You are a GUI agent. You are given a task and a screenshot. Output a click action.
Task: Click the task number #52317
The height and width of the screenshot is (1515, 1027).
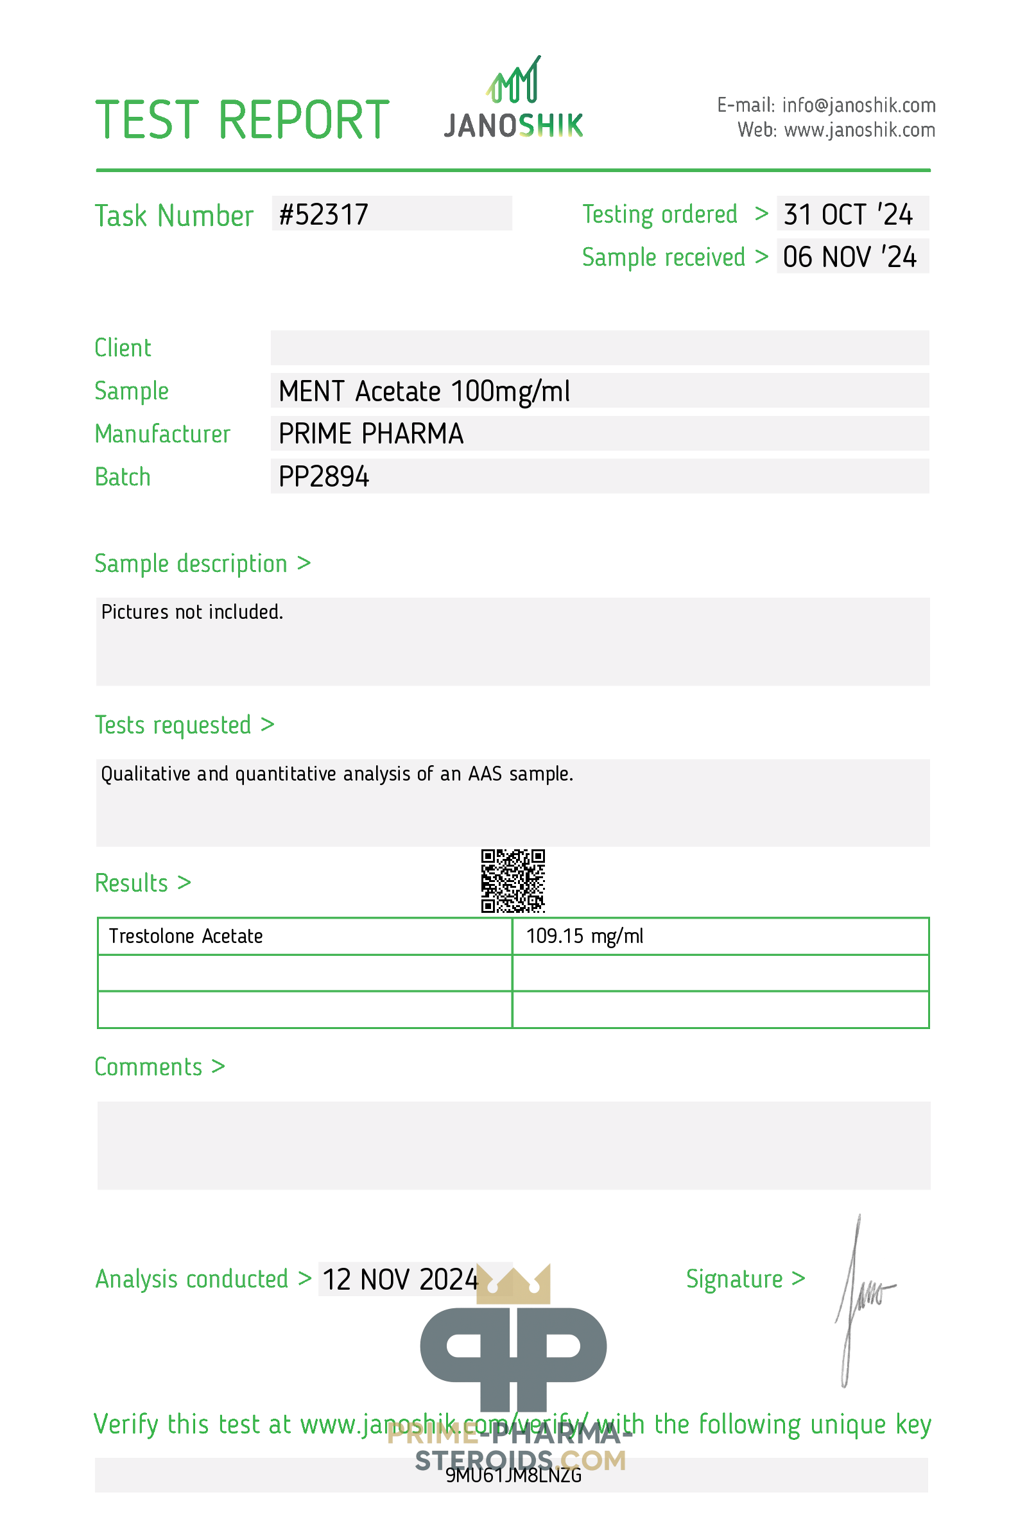coord(324,214)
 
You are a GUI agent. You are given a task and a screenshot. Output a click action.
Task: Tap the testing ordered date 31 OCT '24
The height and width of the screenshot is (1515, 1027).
coord(848,214)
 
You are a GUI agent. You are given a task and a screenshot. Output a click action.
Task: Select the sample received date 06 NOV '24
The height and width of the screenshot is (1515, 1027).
coord(849,257)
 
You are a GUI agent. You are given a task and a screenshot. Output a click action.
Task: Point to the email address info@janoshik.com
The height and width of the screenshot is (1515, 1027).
coord(858,105)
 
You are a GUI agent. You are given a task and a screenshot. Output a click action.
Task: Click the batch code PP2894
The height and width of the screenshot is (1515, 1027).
coord(324,476)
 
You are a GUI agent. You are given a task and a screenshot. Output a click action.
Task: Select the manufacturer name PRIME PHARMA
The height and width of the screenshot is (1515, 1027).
coord(371,433)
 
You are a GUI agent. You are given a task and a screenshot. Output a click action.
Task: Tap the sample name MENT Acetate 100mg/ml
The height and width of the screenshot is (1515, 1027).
coord(424,391)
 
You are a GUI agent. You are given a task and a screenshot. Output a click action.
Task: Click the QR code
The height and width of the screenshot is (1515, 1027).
coord(513,880)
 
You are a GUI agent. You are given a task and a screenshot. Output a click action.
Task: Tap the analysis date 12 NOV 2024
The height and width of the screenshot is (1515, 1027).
coord(400,1279)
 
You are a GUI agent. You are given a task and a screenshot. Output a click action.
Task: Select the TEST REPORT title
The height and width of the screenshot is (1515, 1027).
coord(242,120)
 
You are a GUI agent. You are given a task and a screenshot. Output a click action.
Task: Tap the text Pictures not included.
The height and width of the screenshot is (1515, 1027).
coord(192,612)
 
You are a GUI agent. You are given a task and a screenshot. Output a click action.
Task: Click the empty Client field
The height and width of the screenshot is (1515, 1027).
coord(600,347)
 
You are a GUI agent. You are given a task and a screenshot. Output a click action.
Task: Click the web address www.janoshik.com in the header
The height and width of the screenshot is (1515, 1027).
coord(859,130)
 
